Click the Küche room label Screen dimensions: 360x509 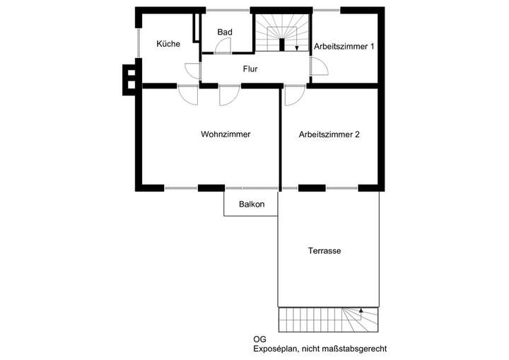(x=168, y=44)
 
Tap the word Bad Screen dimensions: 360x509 (x=225, y=33)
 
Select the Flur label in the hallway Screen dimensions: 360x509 (x=250, y=69)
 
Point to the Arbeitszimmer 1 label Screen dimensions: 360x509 (x=344, y=47)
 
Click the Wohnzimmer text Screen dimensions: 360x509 (x=226, y=134)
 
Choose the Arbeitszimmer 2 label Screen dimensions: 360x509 (x=329, y=134)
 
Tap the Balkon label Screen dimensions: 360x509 (x=251, y=205)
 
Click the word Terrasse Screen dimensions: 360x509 (x=325, y=251)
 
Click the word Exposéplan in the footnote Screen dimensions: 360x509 (x=276, y=349)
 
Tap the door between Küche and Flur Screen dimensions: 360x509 (x=193, y=71)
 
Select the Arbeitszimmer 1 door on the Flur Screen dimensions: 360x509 (x=318, y=67)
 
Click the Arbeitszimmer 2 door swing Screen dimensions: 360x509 (x=293, y=95)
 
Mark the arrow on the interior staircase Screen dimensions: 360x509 (x=297, y=47)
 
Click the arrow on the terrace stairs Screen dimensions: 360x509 (x=361, y=311)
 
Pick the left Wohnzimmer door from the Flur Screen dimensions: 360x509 (x=188, y=95)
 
